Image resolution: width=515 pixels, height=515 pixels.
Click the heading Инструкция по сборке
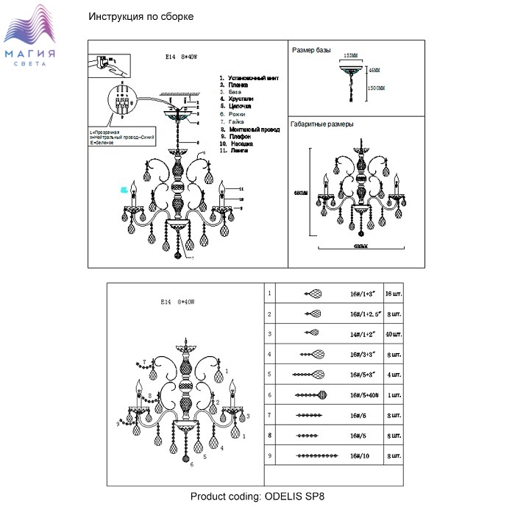click(x=141, y=17)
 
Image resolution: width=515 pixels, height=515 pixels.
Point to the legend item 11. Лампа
click(x=235, y=149)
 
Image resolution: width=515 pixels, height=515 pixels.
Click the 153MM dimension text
click(x=350, y=57)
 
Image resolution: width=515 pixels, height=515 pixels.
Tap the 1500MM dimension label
click(x=376, y=88)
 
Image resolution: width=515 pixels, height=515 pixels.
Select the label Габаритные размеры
click(x=322, y=124)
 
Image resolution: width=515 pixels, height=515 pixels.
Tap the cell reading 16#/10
click(x=359, y=457)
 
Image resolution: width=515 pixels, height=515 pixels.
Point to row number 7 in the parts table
click(x=270, y=416)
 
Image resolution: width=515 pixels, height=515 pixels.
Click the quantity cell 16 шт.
click(x=394, y=294)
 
